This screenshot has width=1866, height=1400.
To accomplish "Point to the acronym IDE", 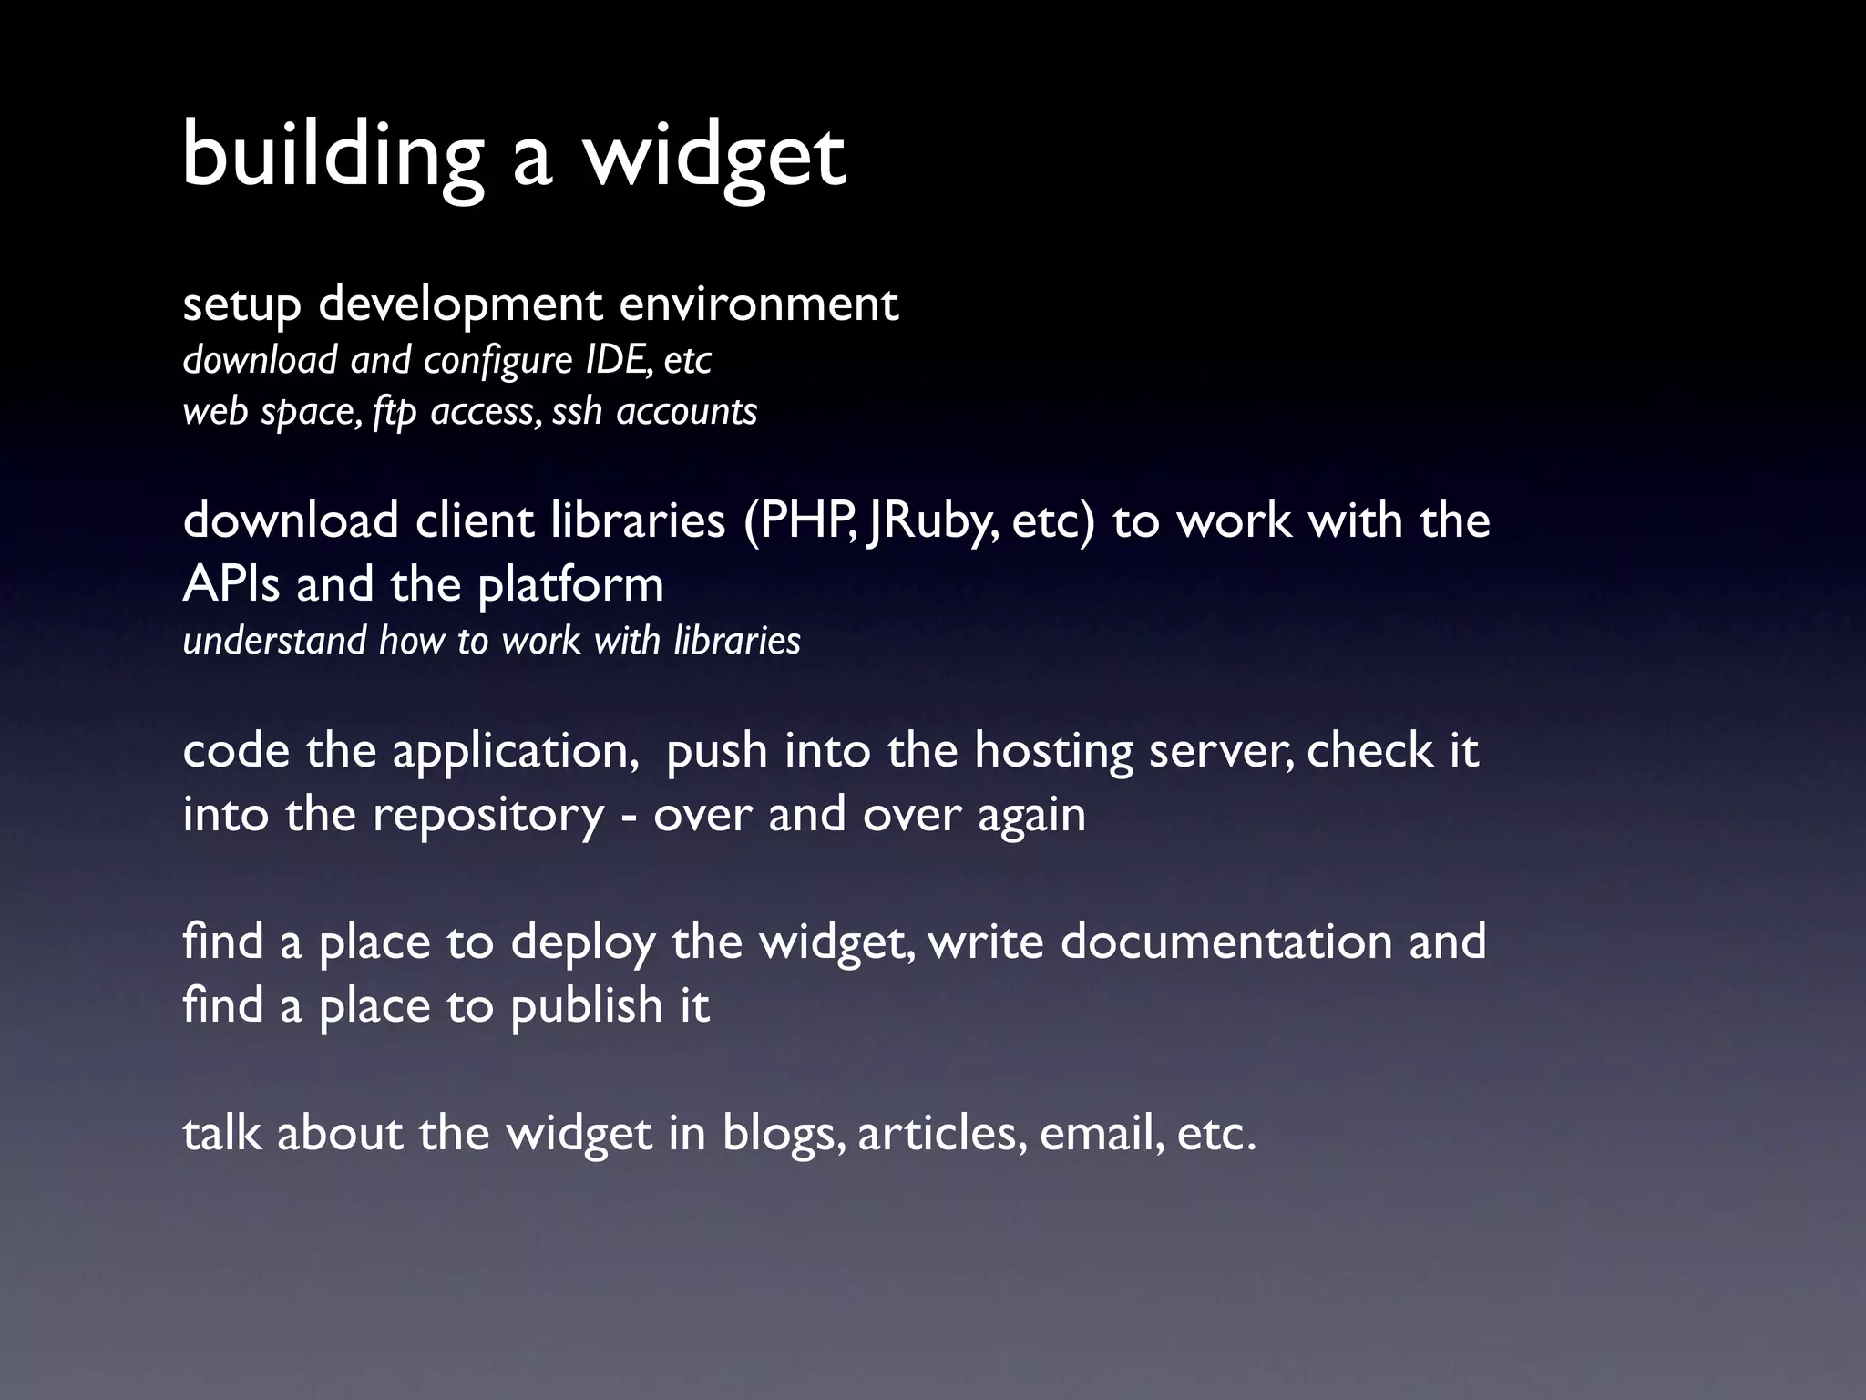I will (x=617, y=359).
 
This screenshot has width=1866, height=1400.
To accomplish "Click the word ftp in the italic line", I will (x=394, y=412).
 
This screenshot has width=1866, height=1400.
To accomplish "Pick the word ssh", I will (x=577, y=411).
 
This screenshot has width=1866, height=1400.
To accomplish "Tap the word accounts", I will (x=687, y=411).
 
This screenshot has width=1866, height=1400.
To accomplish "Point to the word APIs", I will (x=231, y=584).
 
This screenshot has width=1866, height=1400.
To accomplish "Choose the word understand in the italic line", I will (x=274, y=640).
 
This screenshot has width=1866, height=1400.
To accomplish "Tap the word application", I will (x=516, y=752).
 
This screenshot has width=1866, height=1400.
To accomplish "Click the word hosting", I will (x=1053, y=752).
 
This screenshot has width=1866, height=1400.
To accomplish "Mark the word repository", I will (x=488, y=816).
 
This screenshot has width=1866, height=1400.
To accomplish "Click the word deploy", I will (x=583, y=942).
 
